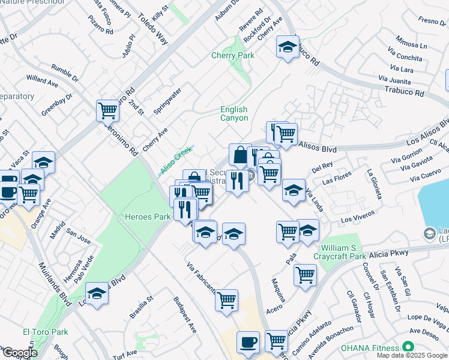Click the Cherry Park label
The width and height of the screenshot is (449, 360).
233,56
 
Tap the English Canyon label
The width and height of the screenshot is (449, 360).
234,113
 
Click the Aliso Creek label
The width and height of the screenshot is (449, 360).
176,160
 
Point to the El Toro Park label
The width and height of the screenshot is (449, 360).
46,332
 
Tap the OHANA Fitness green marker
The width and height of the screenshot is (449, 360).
408,347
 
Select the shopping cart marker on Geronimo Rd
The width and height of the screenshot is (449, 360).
107,110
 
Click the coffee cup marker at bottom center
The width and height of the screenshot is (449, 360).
248,343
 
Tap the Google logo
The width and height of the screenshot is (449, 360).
19,353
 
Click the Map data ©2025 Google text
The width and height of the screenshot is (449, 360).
412,355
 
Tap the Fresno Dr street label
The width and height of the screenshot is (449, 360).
432,21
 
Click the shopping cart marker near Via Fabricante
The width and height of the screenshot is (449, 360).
226,301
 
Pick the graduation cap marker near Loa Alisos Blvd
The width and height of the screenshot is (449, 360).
96,293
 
